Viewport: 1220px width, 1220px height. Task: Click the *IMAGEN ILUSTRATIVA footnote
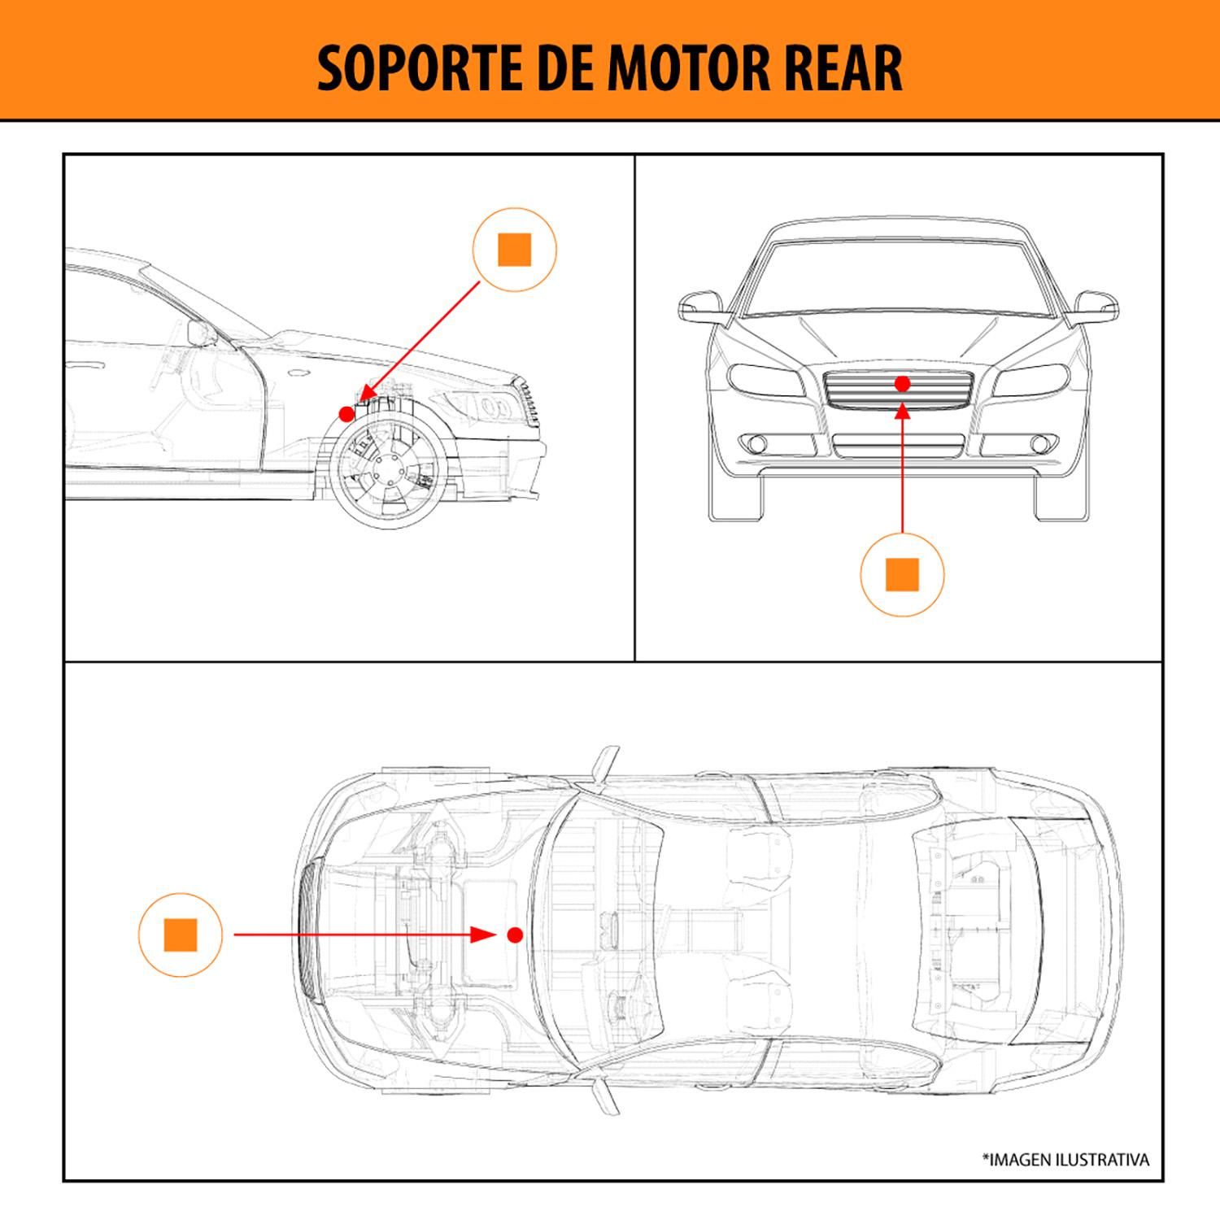point(1065,1160)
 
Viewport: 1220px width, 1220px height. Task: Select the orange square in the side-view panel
point(514,250)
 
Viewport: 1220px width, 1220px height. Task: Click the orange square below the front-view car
point(902,575)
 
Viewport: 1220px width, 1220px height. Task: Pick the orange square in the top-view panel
point(181,935)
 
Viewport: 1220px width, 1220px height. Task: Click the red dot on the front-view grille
point(902,383)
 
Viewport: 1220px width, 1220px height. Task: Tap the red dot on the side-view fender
point(346,414)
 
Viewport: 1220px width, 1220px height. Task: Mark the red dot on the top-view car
point(514,935)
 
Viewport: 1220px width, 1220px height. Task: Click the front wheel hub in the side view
point(386,471)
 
